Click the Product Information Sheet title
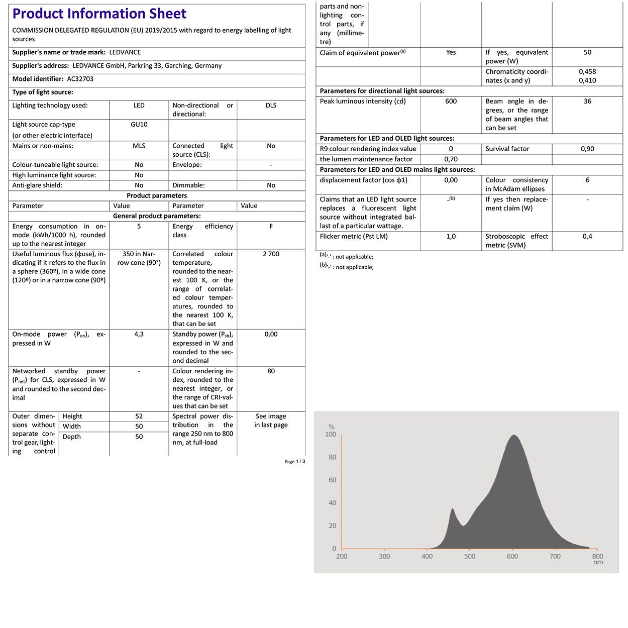pos(99,14)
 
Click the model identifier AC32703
pos(80,79)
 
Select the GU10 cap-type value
pos(139,125)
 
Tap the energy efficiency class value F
pos(271,227)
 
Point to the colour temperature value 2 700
pos(271,254)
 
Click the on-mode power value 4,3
pos(139,334)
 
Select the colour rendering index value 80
pos(271,371)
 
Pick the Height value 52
pos(139,416)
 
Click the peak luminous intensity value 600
pos(451,101)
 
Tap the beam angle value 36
pos(587,101)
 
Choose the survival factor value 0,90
pos(587,149)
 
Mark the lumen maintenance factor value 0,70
pos(451,159)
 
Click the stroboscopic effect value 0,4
pos(587,237)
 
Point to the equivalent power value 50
pos(587,52)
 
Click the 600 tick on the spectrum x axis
pos(512,557)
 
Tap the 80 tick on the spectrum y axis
pos(332,457)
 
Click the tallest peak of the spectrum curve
pos(513,436)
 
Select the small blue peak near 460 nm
pos(453,509)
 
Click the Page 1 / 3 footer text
pos(295,462)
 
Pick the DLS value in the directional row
pos(271,106)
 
